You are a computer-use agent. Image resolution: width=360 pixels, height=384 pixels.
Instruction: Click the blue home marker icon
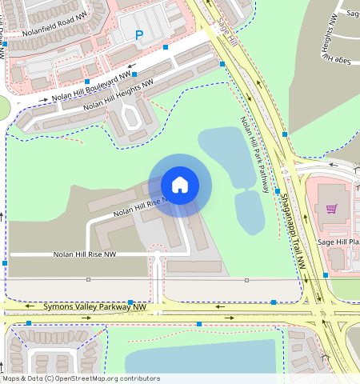click(x=180, y=185)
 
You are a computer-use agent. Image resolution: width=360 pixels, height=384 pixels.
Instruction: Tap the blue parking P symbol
click(x=138, y=35)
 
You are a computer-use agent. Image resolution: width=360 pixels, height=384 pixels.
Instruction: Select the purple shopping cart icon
click(x=330, y=210)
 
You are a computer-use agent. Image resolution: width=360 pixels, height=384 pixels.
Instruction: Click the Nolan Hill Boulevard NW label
click(x=91, y=86)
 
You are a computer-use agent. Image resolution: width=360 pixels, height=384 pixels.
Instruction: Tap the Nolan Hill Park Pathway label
click(x=254, y=155)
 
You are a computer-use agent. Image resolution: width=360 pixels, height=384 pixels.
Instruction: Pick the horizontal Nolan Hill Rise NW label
click(x=85, y=254)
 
